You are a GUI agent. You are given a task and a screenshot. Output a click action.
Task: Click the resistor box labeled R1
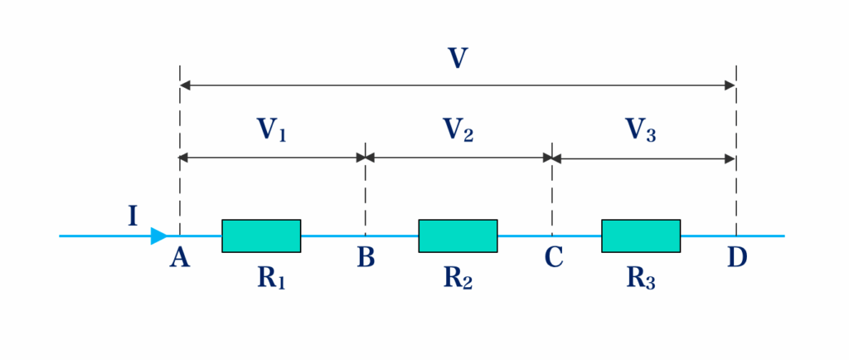click(261, 236)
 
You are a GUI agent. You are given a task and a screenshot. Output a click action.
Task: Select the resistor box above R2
click(458, 236)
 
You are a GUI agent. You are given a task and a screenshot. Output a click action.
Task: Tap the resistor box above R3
click(641, 236)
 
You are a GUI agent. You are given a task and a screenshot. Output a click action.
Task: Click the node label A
click(179, 259)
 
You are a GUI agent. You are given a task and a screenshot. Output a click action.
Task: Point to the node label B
click(366, 259)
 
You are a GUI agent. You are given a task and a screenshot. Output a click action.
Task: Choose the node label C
click(554, 259)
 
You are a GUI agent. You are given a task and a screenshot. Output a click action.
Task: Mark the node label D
click(737, 259)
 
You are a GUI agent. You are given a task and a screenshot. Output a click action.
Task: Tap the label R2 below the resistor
click(458, 279)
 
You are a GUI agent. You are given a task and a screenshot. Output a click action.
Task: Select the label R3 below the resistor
click(641, 279)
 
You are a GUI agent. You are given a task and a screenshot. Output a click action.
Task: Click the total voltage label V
click(457, 58)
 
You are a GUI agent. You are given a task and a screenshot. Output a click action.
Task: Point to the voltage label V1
click(271, 130)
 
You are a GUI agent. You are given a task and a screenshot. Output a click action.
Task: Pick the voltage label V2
click(458, 130)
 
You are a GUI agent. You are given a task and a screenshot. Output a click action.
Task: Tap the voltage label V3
click(641, 130)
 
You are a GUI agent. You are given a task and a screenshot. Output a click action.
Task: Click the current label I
click(133, 217)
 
